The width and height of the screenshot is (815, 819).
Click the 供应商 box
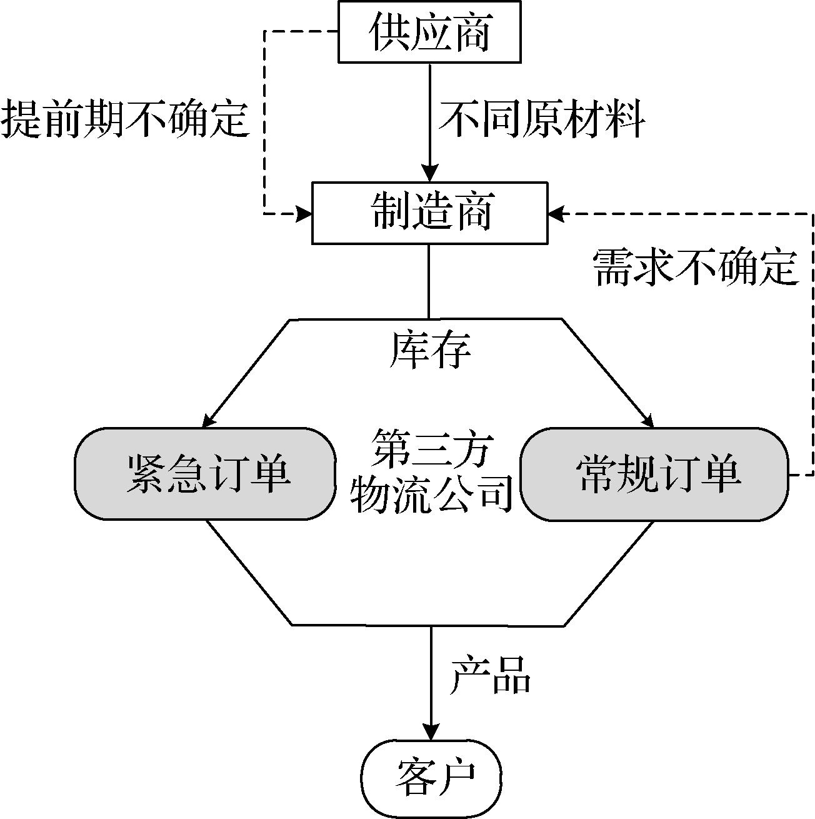click(x=429, y=32)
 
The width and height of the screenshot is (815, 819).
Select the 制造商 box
click(x=429, y=213)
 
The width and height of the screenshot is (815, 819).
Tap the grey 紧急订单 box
click(x=204, y=473)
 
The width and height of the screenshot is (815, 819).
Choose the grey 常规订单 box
click(x=654, y=473)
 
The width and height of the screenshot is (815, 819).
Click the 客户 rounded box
click(x=431, y=776)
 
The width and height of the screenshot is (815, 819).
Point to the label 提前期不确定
click(x=125, y=119)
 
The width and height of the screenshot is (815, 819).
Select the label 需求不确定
click(x=696, y=268)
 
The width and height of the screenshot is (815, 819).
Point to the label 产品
click(x=491, y=675)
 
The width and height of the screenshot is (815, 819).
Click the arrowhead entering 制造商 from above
click(x=429, y=173)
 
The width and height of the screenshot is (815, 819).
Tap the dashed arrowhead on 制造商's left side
click(x=304, y=214)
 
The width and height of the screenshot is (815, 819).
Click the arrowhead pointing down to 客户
click(x=431, y=732)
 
